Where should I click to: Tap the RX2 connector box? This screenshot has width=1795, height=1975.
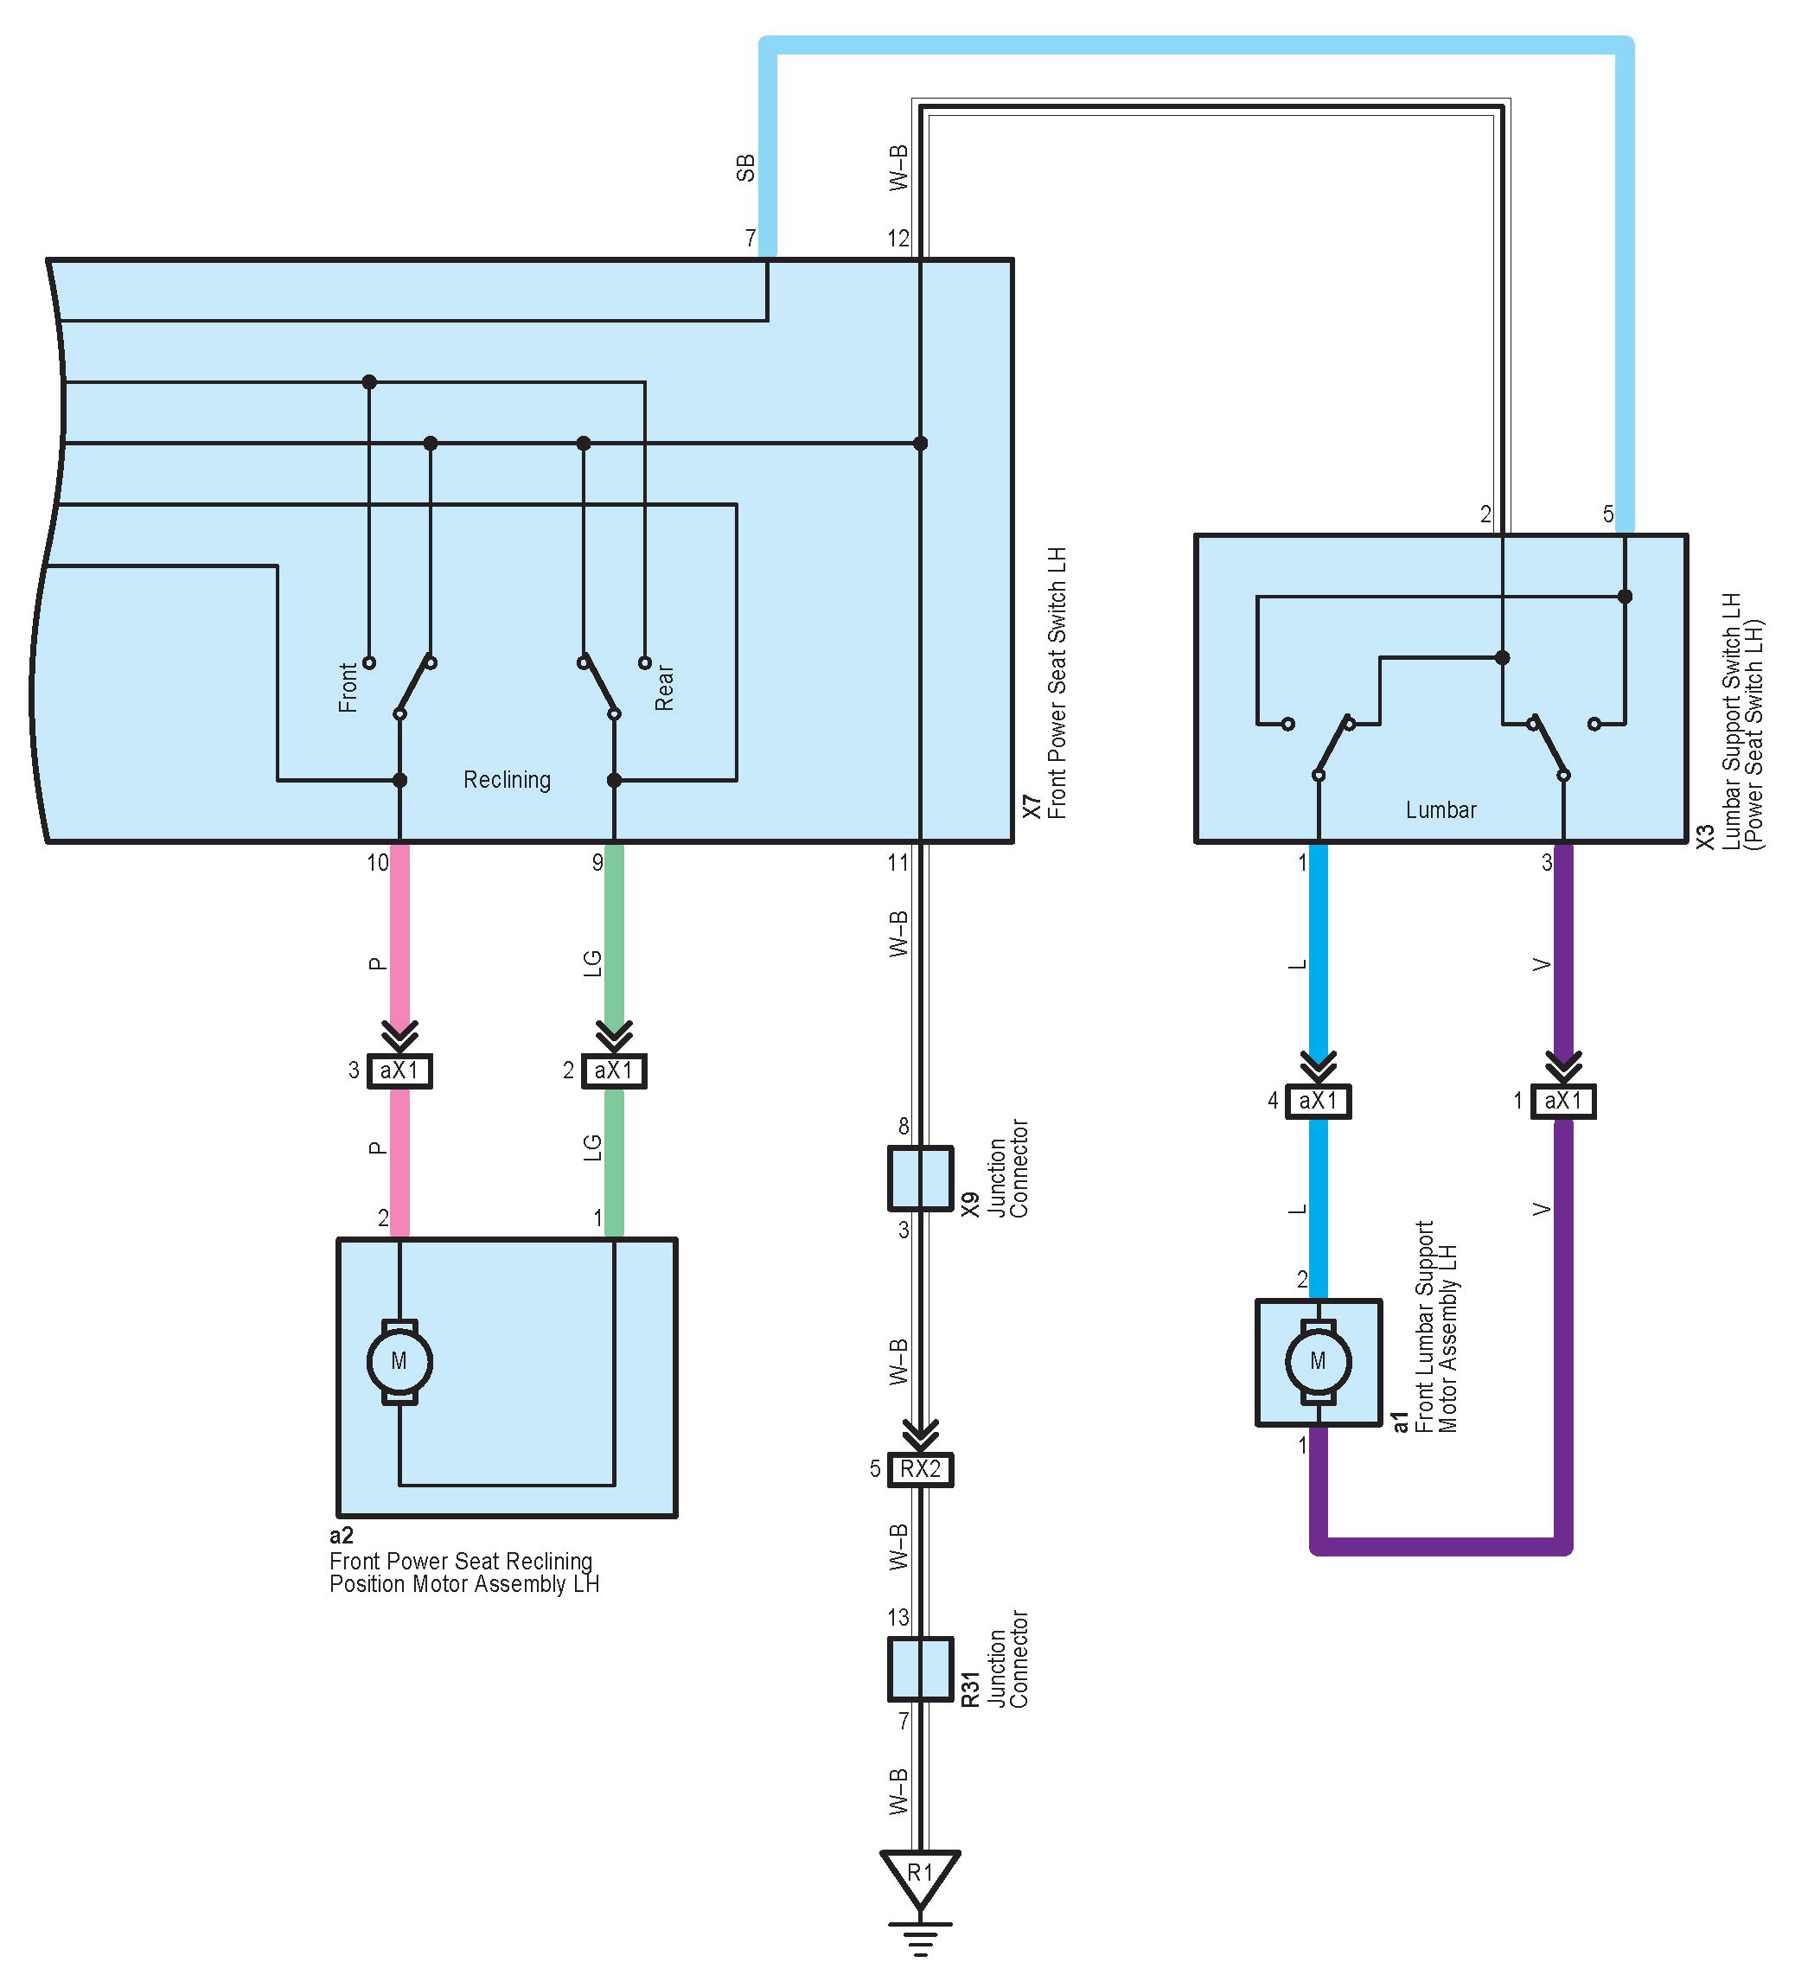pos(920,1469)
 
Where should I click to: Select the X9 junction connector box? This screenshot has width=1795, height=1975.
pos(920,1179)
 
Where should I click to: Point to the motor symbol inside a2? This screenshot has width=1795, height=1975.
pos(399,1361)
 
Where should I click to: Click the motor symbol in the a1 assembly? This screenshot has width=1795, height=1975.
pos(1318,1361)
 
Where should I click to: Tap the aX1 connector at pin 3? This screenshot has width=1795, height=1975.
pos(399,1071)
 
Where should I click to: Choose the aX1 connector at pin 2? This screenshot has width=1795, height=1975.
pos(613,1071)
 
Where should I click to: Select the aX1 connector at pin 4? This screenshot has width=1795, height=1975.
pos(1318,1101)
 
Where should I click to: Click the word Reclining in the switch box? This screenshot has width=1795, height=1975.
pos(507,780)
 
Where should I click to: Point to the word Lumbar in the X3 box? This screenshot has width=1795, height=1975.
pos(1440,810)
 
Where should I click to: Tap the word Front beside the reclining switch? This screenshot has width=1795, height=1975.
pos(348,687)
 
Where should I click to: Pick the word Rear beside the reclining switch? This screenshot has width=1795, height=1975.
pos(664,687)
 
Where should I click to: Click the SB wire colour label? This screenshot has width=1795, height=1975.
pos(745,168)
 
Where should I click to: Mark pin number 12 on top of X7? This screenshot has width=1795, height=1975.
pos(898,238)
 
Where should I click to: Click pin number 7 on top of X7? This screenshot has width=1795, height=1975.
pos(751,238)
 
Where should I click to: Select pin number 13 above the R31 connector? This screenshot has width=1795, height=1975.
pos(898,1617)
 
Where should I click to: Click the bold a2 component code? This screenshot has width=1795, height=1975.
pos(341,1535)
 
